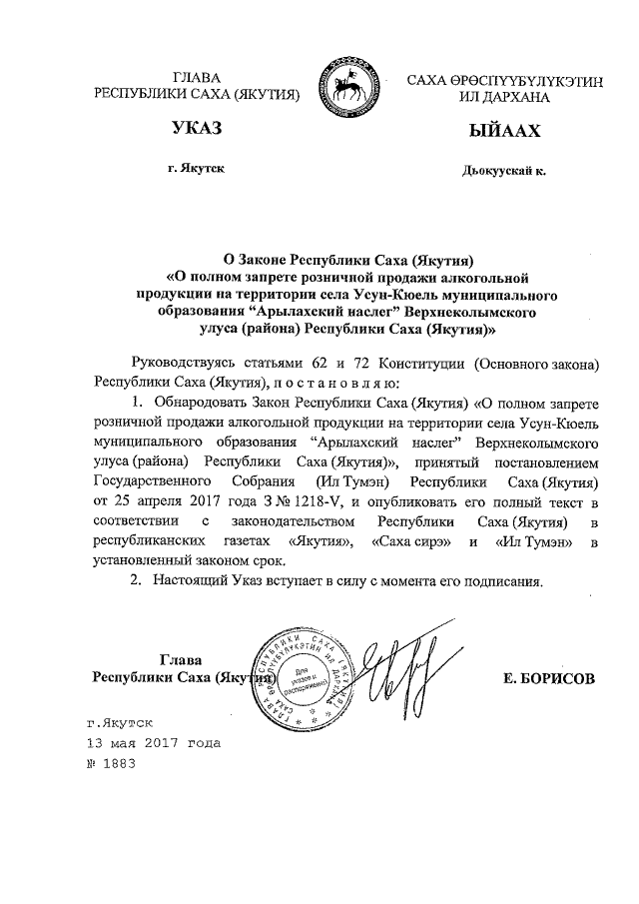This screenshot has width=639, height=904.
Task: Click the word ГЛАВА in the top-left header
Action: click(197, 77)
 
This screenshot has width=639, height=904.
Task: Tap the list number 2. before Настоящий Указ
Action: click(139, 580)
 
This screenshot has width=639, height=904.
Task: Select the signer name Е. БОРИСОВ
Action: click(549, 677)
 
